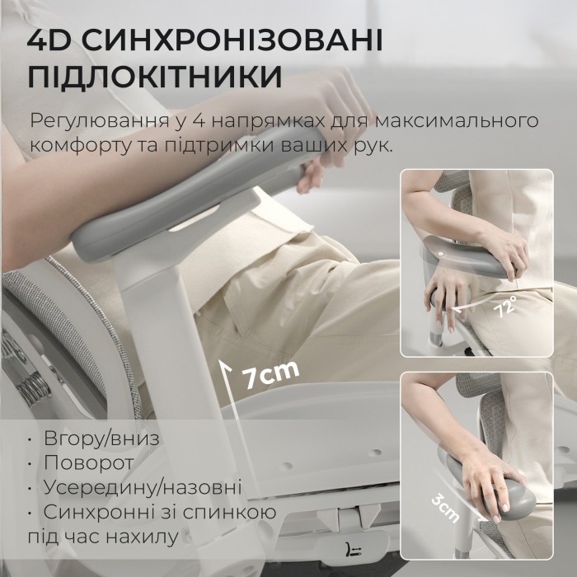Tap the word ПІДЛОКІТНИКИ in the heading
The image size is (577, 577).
click(155, 77)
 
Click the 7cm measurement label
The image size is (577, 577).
click(270, 373)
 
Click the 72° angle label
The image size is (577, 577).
click(505, 307)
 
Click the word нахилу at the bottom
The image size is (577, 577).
click(141, 537)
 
